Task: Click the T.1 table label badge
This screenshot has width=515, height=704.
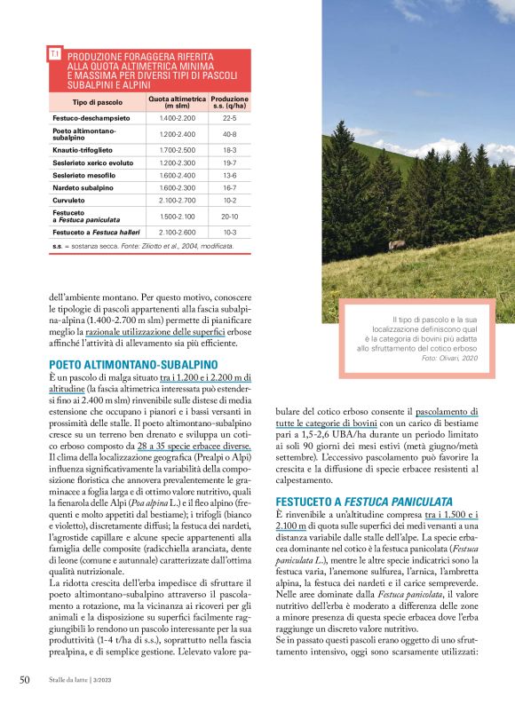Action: click(55, 54)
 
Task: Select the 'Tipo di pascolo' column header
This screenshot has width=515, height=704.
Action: click(97, 102)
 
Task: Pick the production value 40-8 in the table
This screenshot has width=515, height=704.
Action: click(229, 134)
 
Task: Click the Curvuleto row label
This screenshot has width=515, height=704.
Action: click(74, 201)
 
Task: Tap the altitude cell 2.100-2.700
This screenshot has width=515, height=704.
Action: click(177, 201)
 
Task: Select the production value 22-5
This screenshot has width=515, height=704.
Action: click(229, 117)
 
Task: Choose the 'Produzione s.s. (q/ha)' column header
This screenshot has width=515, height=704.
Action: click(230, 102)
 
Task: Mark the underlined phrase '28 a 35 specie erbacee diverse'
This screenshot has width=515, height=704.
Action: click(190, 446)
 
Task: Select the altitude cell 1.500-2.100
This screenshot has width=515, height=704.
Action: click(177, 216)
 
